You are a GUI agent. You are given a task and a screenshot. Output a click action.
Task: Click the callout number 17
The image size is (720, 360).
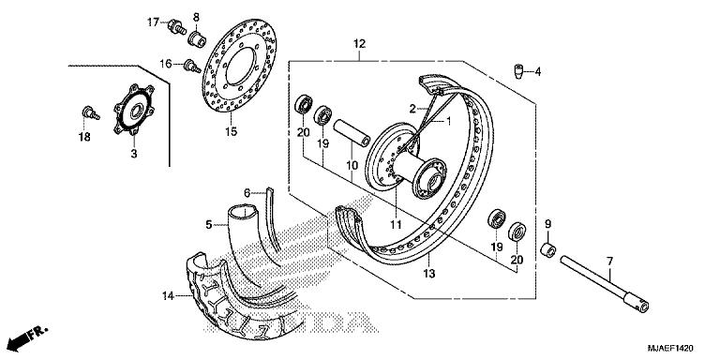click(153, 22)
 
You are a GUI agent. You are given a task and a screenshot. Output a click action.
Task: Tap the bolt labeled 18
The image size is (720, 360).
click(90, 112)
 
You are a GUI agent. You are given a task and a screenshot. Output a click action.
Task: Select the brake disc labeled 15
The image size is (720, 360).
click(239, 68)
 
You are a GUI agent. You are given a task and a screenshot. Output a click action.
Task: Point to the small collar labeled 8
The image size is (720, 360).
click(197, 37)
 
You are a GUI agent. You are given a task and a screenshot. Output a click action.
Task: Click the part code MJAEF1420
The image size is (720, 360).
click(670, 349)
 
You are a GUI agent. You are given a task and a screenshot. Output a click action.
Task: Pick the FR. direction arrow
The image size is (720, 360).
click(28, 337)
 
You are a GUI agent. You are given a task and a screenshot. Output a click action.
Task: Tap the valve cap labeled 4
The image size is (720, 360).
click(517, 71)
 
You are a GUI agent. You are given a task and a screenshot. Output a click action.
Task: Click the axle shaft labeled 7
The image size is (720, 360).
click(604, 286)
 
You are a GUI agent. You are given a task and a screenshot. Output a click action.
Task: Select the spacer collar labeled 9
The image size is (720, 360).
click(547, 250)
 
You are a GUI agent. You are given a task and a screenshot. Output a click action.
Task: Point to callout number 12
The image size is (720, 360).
click(359, 44)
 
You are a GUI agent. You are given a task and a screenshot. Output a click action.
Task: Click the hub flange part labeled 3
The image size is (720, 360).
click(134, 110)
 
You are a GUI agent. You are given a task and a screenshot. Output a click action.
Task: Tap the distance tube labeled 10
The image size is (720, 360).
click(352, 132)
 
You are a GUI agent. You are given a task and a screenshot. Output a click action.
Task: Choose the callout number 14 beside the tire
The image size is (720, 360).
click(169, 296)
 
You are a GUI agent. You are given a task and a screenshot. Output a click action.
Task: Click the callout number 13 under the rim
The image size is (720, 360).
click(428, 274)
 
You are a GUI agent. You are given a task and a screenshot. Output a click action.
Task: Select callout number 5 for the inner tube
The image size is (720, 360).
click(209, 225)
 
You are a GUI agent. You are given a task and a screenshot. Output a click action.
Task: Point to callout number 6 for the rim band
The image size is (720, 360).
click(247, 193)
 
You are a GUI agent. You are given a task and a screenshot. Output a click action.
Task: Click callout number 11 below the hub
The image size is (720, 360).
click(396, 225)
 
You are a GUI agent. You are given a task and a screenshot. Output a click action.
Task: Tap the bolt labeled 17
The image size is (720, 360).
click(177, 26)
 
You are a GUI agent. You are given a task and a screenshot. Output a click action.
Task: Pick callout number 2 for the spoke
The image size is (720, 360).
click(412, 109)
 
